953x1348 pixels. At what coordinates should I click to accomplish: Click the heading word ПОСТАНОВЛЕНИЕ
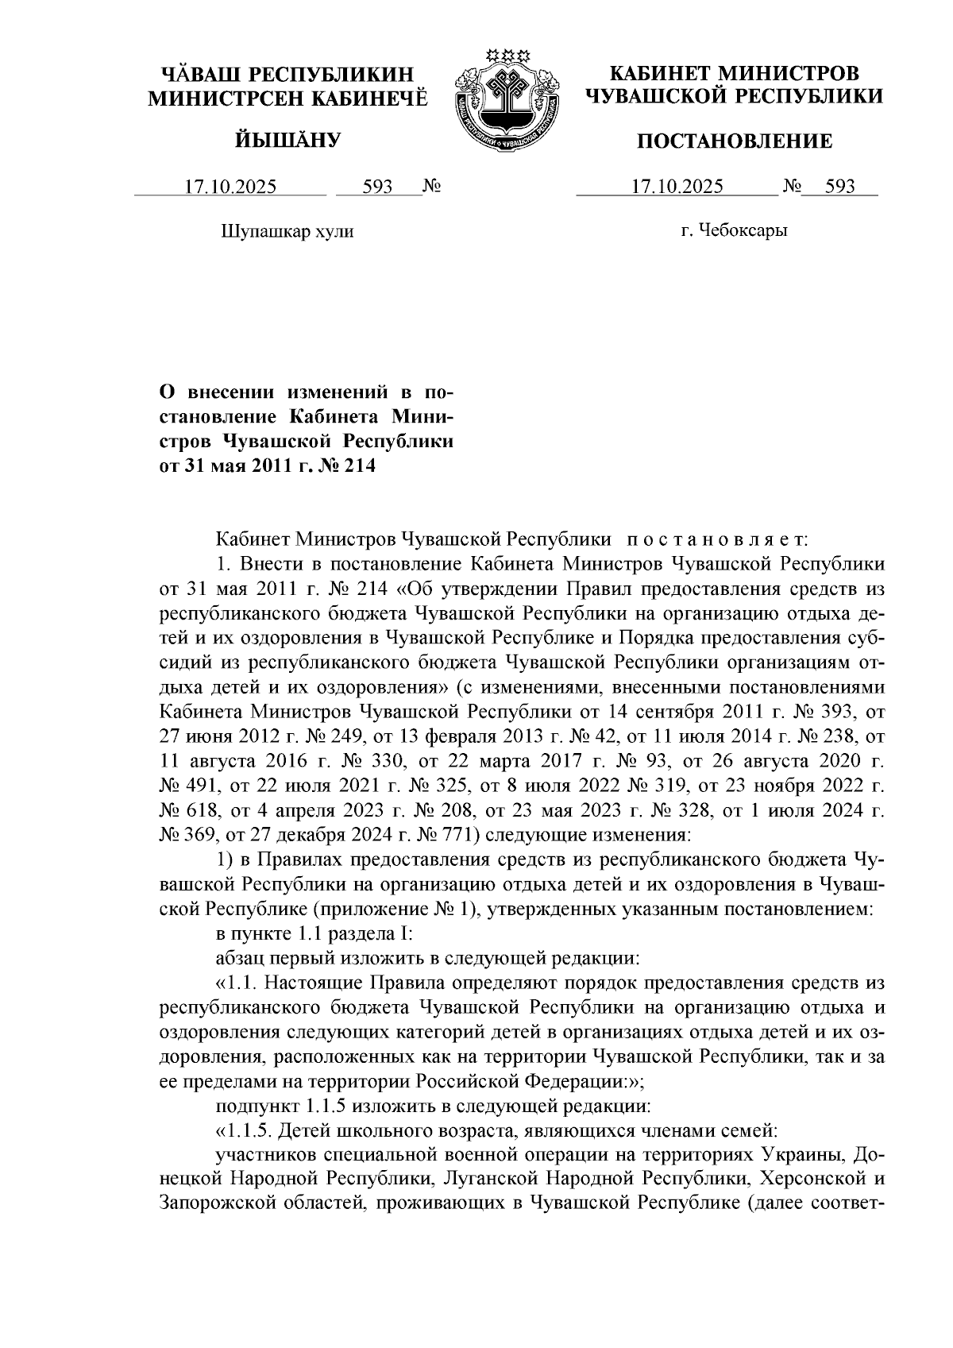[x=735, y=141]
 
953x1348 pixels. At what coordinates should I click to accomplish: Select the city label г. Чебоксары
[x=734, y=231]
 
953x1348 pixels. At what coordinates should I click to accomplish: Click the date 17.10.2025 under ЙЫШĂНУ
[x=231, y=187]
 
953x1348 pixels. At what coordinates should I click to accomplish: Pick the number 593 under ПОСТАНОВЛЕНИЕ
[x=840, y=187]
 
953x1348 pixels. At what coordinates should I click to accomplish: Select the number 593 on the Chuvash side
[x=378, y=187]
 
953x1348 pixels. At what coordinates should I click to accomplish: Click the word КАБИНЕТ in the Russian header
[x=659, y=75]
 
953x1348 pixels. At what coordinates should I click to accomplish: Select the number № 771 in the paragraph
[x=447, y=835]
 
